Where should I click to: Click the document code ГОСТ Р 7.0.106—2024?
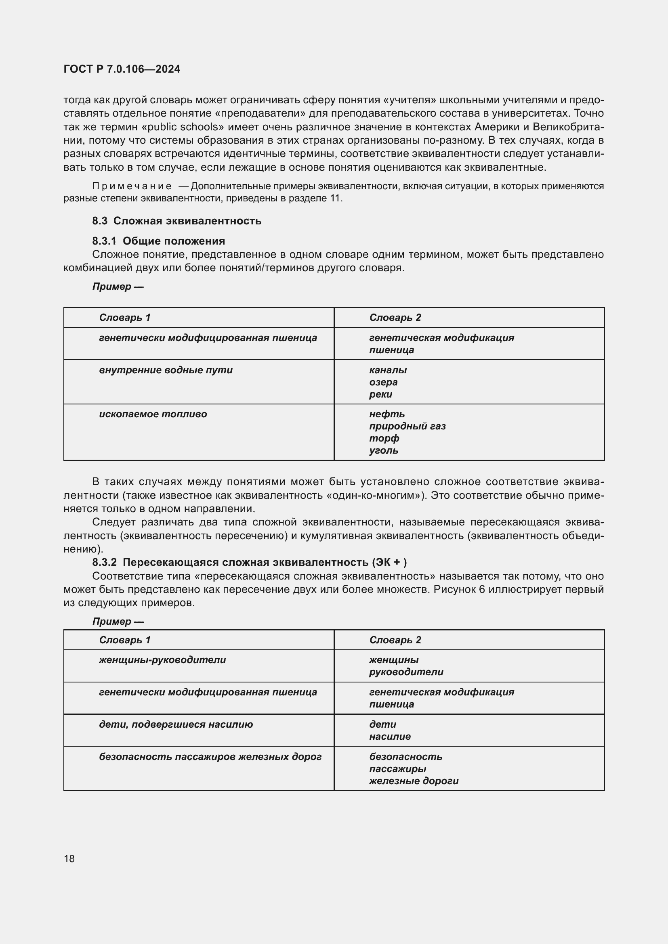click(x=122, y=69)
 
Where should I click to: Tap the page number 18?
click(x=69, y=858)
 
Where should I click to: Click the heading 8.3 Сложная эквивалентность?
click(x=176, y=221)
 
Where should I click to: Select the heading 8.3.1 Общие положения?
click(x=158, y=241)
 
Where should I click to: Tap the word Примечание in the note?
click(x=132, y=186)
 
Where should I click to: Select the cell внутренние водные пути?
click(x=165, y=370)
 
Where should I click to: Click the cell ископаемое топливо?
click(x=153, y=414)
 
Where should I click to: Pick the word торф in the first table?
click(x=384, y=438)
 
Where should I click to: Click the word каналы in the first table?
click(x=387, y=370)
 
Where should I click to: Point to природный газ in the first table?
click(x=407, y=426)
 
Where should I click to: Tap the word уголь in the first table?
click(x=383, y=450)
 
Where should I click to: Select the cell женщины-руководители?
click(x=162, y=660)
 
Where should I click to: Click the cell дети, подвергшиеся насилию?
click(x=176, y=724)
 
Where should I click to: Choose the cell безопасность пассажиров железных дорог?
click(x=210, y=756)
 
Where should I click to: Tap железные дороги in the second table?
click(x=414, y=781)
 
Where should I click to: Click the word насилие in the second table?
click(x=389, y=737)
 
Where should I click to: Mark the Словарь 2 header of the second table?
click(x=395, y=640)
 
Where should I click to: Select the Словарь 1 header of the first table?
click(x=125, y=317)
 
